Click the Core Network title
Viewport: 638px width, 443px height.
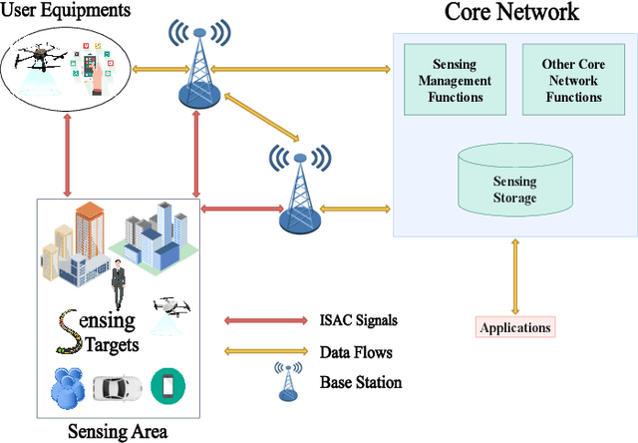pyautogui.click(x=511, y=14)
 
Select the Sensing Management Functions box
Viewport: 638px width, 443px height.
pyautogui.click(x=455, y=81)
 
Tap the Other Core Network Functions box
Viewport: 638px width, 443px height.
pyautogui.click(x=572, y=81)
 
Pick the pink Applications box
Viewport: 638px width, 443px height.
pyautogui.click(x=514, y=327)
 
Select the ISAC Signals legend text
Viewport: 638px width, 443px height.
pyautogui.click(x=360, y=321)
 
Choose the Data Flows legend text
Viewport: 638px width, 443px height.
pyautogui.click(x=356, y=352)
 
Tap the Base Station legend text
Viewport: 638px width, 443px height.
pyautogui.click(x=360, y=382)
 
